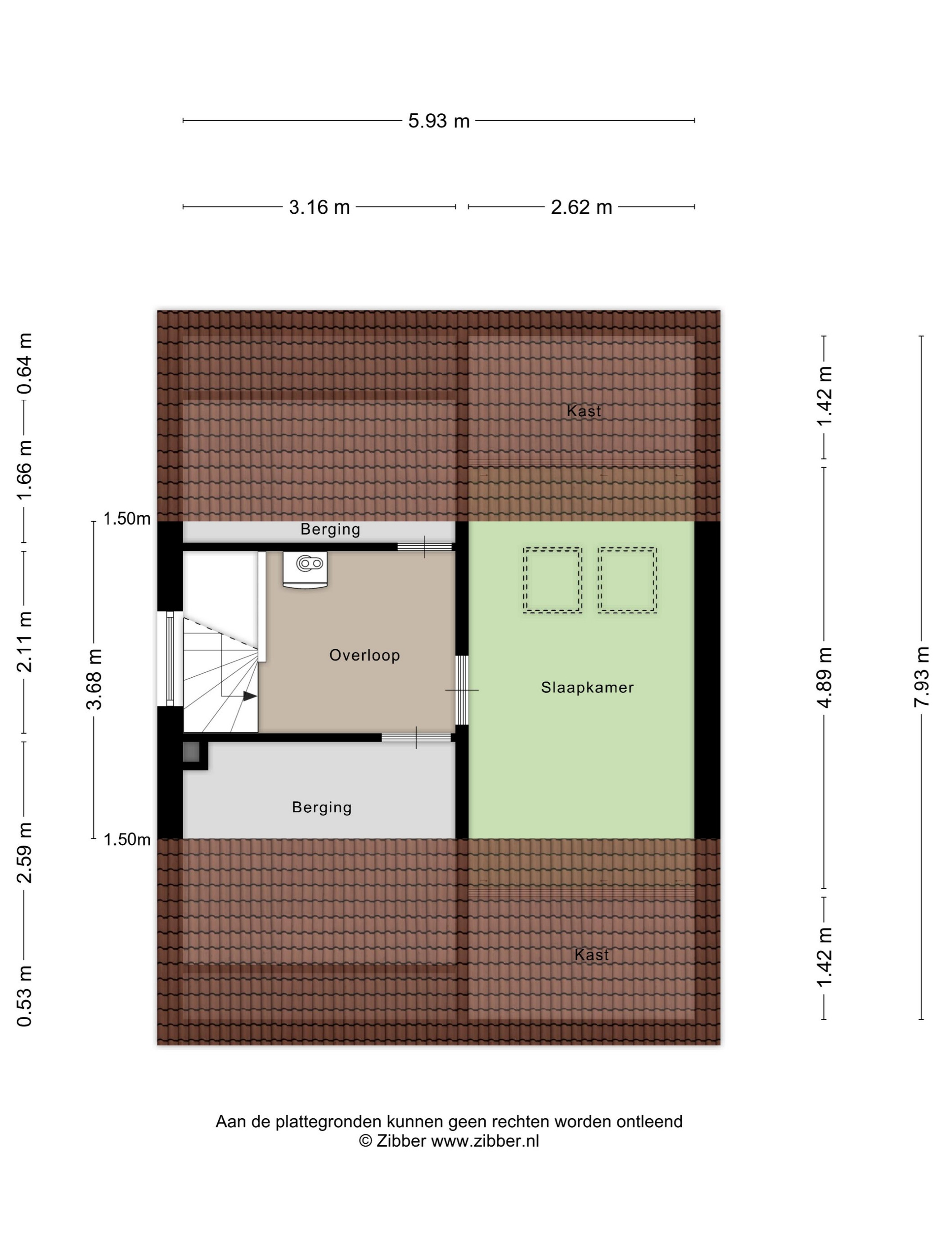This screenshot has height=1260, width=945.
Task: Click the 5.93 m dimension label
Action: tap(439, 121)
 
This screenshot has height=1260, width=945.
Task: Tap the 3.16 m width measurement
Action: tap(319, 207)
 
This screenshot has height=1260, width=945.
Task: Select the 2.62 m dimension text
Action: tap(581, 207)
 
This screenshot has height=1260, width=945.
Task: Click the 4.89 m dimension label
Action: tap(824, 677)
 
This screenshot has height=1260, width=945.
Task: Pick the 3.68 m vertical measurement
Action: tap(94, 679)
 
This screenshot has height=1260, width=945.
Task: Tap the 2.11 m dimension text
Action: tap(24, 641)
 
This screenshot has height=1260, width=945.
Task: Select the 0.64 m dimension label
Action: tap(24, 364)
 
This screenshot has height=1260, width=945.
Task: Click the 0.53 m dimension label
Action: tap(24, 996)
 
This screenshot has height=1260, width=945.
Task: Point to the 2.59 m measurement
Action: tap(24, 853)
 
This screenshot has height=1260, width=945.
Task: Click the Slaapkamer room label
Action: tap(587, 688)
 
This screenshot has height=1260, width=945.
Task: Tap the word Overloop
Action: tap(364, 656)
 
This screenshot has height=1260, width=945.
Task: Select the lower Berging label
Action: tap(322, 808)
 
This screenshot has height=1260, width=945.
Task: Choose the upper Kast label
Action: tap(584, 411)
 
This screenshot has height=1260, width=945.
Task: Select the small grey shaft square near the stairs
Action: tap(191, 752)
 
